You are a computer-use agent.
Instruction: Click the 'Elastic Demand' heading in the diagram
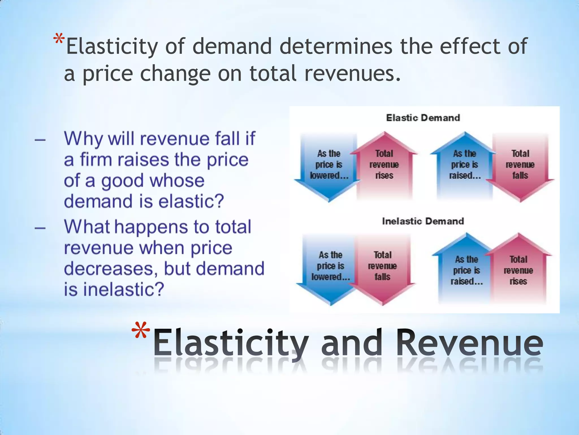pyautogui.click(x=423, y=118)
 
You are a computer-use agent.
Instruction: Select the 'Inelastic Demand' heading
pyautogui.click(x=423, y=221)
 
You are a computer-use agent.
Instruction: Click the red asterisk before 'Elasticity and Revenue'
pyautogui.click(x=141, y=331)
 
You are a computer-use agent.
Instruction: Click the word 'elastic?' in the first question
pyautogui.click(x=191, y=201)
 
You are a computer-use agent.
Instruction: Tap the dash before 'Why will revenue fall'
pyautogui.click(x=40, y=140)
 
